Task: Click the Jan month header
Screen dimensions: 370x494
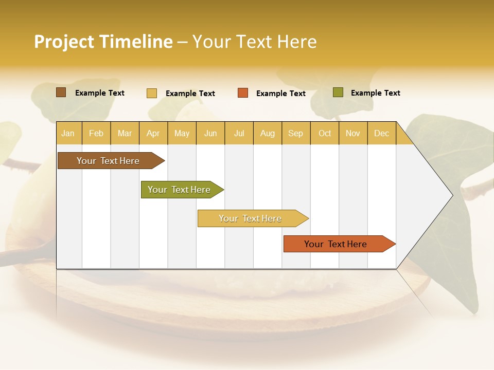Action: coord(68,133)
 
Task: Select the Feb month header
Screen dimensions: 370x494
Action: coord(96,133)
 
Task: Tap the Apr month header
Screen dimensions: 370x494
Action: coord(153,133)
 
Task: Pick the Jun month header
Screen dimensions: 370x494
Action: coord(210,133)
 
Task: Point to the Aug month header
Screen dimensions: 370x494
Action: coord(267,133)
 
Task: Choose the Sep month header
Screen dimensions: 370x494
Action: coord(295,133)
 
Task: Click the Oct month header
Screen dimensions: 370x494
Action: coord(325,133)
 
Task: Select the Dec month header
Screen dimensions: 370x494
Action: coord(381,133)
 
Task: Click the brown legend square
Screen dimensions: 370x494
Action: coord(61,92)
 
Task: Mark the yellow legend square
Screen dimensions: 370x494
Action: coord(151,93)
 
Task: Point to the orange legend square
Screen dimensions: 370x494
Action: coord(243,93)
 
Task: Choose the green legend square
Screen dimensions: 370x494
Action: coord(338,92)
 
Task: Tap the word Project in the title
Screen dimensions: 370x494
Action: coord(64,42)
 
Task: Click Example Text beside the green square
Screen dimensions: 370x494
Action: coord(375,93)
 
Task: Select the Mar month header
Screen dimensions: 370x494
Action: coord(125,133)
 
